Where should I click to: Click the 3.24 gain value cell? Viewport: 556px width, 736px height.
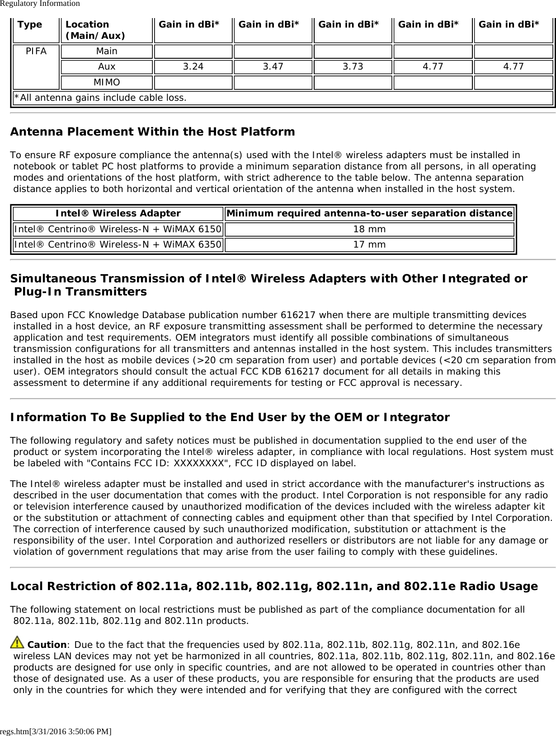pyautogui.click(x=193, y=67)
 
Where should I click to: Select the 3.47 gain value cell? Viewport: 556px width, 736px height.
pyautogui.click(x=273, y=67)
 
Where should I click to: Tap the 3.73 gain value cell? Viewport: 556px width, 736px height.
pyautogui.click(x=353, y=67)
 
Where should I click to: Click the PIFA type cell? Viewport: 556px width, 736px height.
pyautogui.click(x=36, y=52)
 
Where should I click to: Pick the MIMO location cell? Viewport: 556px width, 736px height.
pyautogui.click(x=107, y=83)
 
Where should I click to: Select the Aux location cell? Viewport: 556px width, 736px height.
pyautogui.click(x=107, y=67)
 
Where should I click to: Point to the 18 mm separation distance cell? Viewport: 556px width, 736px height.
pyautogui.click(x=369, y=229)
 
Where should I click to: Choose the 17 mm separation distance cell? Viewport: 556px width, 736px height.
pyautogui.click(x=369, y=245)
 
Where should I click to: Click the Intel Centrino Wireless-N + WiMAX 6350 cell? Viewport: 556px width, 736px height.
pyautogui.click(x=118, y=245)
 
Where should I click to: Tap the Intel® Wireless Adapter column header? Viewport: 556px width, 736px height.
pyautogui.click(x=118, y=213)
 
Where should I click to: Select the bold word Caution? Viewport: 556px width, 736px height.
pyautogui.click(x=47, y=645)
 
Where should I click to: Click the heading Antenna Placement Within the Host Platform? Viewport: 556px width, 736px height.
pyautogui.click(x=152, y=132)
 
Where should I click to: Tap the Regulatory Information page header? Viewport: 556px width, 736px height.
pyautogui.click(x=40, y=4)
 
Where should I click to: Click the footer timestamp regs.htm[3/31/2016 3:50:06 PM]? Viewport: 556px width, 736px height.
pyautogui.click(x=56, y=731)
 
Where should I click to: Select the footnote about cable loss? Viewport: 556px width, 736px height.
pyautogui.click(x=100, y=98)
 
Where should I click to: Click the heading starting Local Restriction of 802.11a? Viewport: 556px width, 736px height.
pyautogui.click(x=274, y=586)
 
